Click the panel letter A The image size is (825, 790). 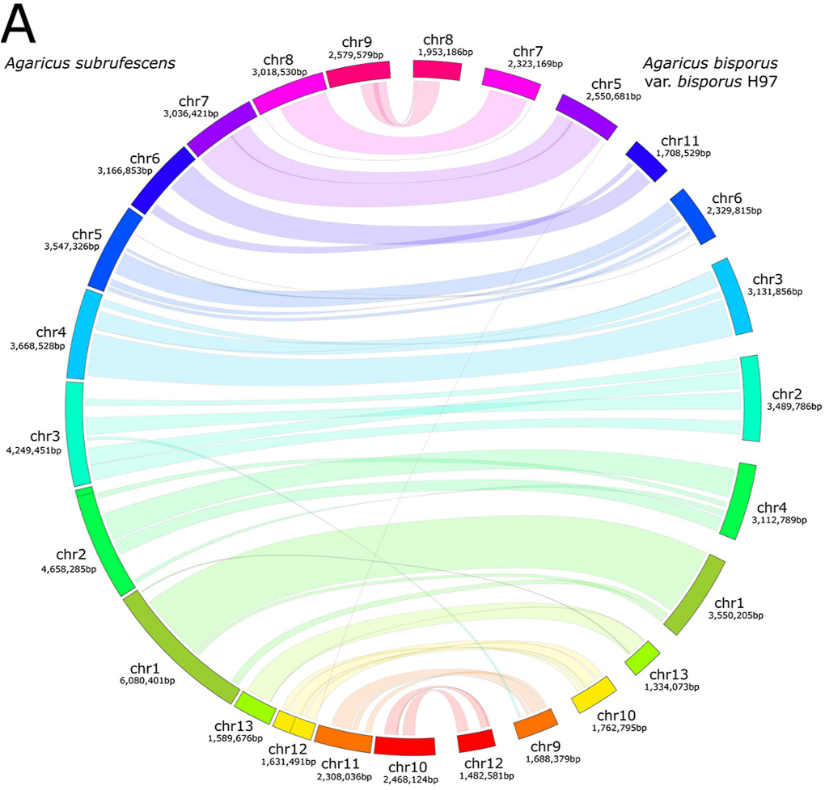click(19, 24)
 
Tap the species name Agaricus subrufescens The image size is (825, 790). click(90, 63)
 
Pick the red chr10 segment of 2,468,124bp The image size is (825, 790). click(404, 746)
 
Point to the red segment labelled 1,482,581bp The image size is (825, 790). click(476, 741)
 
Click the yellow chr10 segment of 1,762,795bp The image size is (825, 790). click(594, 695)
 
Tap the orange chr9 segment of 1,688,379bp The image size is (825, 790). click(535, 724)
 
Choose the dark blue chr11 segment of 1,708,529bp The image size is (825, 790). click(646, 161)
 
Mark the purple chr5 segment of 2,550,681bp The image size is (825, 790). click(586, 116)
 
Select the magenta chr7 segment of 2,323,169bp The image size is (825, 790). click(511, 83)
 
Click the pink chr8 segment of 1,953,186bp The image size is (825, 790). click(438, 70)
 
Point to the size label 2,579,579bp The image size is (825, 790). click(356, 55)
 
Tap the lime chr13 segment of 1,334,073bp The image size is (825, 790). click(642, 658)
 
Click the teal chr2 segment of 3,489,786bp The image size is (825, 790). click(751, 398)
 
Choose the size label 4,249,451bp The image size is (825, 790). click(34, 450)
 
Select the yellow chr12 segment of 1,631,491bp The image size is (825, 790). click(294, 725)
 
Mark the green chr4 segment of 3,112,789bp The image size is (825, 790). click(738, 501)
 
